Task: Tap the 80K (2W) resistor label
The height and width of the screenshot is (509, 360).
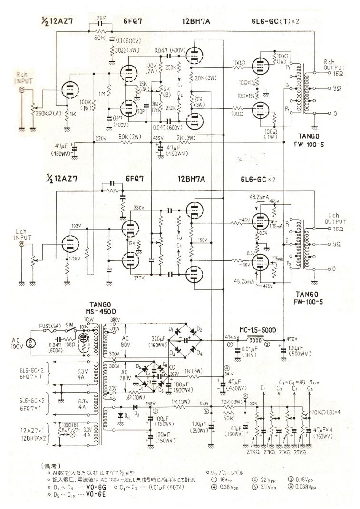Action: (x=130, y=137)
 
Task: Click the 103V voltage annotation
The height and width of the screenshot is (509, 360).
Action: (x=75, y=226)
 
